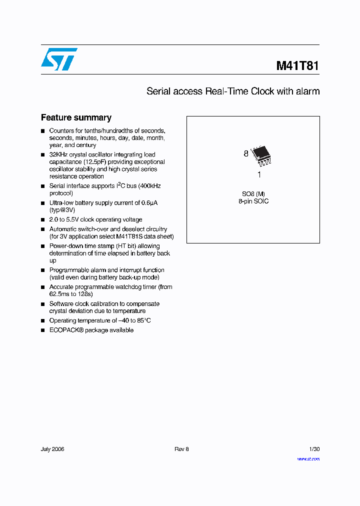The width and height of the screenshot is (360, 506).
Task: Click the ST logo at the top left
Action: click(59, 59)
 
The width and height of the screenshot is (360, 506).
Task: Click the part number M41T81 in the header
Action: click(297, 65)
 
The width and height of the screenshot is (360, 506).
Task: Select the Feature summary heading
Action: click(76, 117)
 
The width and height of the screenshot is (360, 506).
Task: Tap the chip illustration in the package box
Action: click(260, 155)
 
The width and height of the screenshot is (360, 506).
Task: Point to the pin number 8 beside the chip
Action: click(246, 154)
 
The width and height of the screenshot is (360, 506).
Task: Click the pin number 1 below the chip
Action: click(259, 175)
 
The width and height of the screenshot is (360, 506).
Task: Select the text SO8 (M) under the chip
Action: click(253, 193)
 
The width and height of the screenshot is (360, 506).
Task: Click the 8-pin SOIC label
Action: click(253, 201)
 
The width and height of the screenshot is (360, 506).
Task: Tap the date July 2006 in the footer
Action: click(52, 449)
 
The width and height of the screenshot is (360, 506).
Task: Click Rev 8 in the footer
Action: click(181, 449)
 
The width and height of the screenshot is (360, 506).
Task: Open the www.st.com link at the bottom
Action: click(308, 458)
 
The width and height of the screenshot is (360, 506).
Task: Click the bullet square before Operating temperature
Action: click(43, 320)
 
